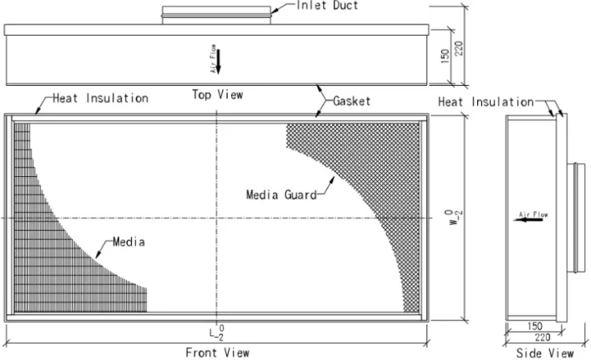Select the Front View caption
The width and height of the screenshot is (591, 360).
click(217, 352)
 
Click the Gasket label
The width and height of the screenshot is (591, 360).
click(351, 100)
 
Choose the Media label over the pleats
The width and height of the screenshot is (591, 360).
click(129, 242)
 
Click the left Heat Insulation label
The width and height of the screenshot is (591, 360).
click(99, 99)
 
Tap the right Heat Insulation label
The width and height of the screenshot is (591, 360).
click(486, 102)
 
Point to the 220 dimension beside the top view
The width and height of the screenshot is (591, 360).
click(460, 43)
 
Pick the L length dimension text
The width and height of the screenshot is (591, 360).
click(219, 332)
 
